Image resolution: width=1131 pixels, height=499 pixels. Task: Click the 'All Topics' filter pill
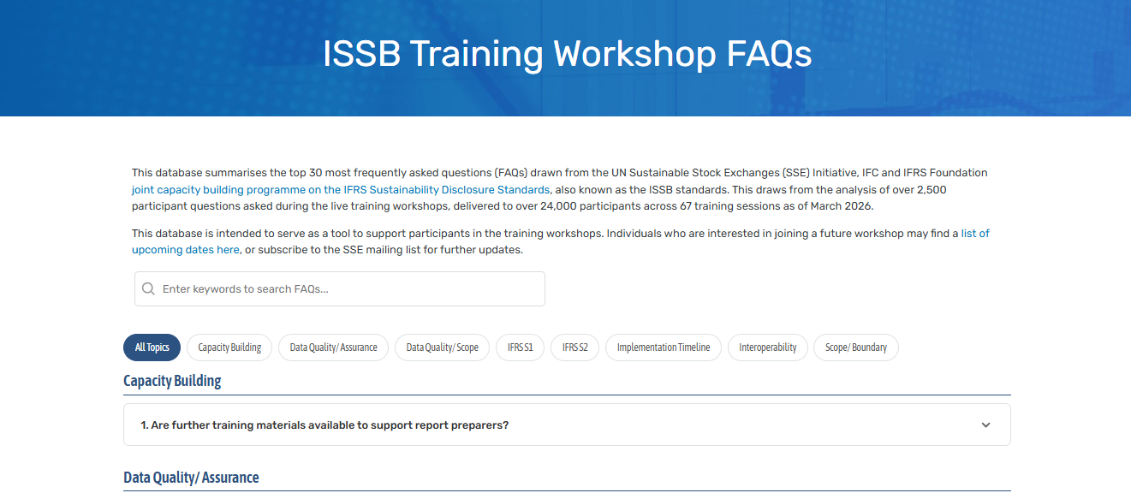152,348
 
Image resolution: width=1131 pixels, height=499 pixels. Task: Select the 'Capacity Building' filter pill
229,348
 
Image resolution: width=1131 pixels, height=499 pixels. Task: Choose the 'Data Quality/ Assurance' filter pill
333,348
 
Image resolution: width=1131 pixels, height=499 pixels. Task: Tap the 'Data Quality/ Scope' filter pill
442,348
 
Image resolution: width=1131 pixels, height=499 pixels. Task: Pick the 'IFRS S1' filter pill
520,348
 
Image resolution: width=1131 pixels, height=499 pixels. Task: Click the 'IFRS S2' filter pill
574,348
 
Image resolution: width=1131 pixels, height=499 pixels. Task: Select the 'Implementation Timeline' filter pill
664,348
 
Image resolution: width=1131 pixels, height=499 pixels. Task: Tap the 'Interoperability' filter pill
767,348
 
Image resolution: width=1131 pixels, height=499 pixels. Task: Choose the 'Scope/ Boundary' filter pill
855,348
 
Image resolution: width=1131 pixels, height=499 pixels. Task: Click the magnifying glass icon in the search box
149,289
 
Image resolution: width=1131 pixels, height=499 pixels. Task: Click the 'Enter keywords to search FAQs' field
342,289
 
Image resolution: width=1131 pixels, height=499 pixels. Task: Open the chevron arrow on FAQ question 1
985,425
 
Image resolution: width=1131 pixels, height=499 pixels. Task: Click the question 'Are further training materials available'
325,425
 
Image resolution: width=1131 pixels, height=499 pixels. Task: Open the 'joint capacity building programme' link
340,189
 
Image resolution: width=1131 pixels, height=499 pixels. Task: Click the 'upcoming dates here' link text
186,250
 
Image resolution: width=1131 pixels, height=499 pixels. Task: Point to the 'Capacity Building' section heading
172,381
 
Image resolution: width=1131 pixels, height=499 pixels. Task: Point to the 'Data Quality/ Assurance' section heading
191,478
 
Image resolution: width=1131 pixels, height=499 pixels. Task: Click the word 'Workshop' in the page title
634,54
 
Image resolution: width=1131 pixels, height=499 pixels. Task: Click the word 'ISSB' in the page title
362,54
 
